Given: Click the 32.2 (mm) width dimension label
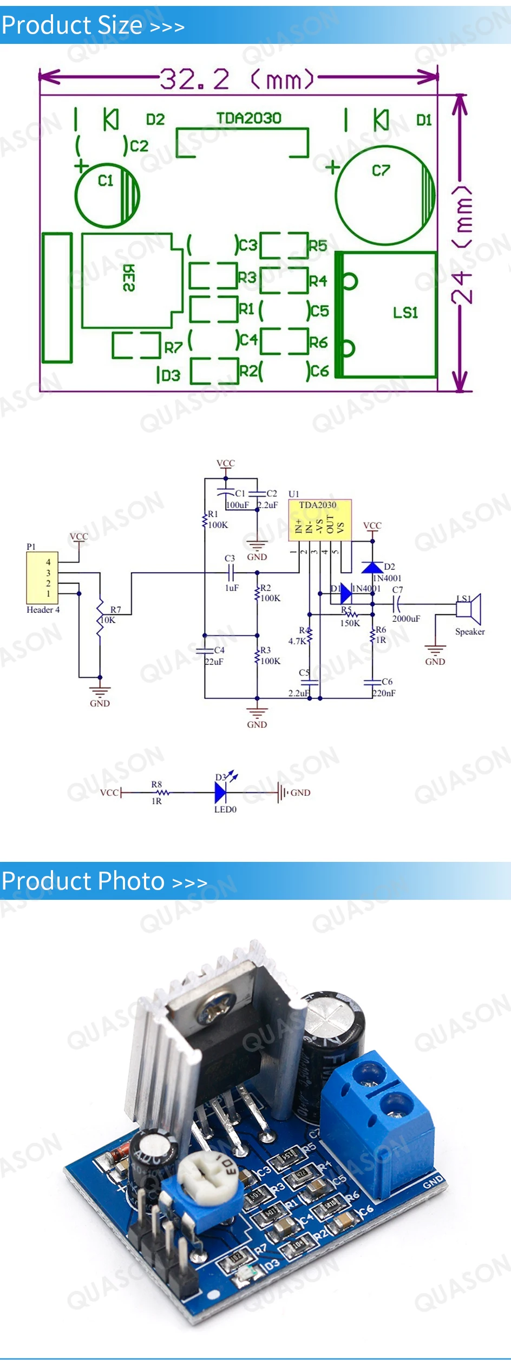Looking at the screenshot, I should point(237,80).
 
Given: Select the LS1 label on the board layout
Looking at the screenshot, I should point(405,313).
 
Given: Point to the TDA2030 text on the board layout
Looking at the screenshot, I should point(248,118).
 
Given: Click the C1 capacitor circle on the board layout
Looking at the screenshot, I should point(107,195).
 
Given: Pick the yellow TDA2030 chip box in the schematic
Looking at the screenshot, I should point(319,520).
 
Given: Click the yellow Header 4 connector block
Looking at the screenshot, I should point(42,577).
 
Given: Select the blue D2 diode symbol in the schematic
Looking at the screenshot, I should point(372,567).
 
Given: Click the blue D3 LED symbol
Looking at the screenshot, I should point(220,793).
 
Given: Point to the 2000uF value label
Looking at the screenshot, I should point(406,619).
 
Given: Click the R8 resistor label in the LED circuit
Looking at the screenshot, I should point(156,784).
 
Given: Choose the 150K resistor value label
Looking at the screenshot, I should point(350,623).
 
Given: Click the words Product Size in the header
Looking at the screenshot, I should point(72,25).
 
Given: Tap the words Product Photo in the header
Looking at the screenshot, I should point(83,881).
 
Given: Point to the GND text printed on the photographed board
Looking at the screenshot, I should point(433,1182).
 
